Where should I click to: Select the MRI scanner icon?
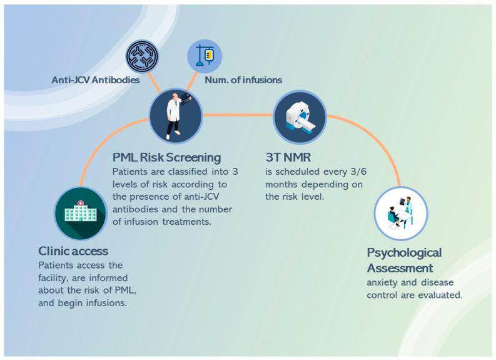click(300, 116)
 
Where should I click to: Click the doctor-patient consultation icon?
click(400, 213)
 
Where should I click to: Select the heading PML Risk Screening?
click(166, 157)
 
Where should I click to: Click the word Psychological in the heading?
click(404, 252)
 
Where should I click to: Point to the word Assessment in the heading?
click(400, 267)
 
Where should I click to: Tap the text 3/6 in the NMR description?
click(355, 172)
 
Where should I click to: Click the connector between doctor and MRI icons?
click(238, 115)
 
